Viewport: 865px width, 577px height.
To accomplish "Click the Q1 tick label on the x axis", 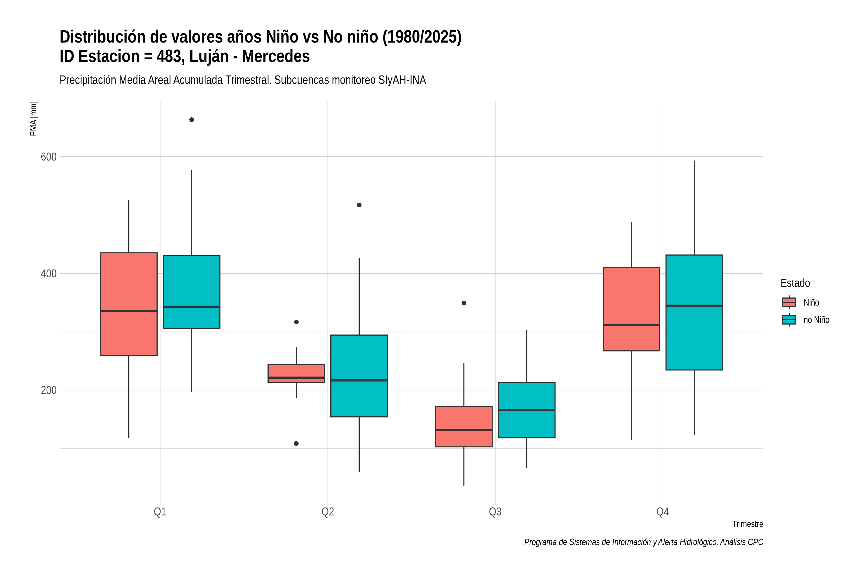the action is coord(160,512).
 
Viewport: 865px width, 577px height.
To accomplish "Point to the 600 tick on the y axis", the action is coord(49,157).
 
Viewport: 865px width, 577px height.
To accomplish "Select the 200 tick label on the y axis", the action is coord(49,390).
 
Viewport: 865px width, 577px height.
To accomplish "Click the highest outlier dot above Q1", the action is coord(192,119).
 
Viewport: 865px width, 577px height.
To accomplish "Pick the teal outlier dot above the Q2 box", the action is coord(359,205).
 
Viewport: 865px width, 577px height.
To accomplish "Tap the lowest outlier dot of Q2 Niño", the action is coord(297,443).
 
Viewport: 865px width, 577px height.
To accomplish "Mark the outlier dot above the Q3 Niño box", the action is coord(464,303).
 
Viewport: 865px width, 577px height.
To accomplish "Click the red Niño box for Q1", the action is coord(129,304).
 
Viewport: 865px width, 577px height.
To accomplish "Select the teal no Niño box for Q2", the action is coord(359,376).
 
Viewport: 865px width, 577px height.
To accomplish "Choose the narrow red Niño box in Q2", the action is coord(297,373).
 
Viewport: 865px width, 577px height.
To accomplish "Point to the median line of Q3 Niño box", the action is coord(464,429).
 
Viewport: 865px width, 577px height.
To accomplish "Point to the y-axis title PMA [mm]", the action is coord(33,119).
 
